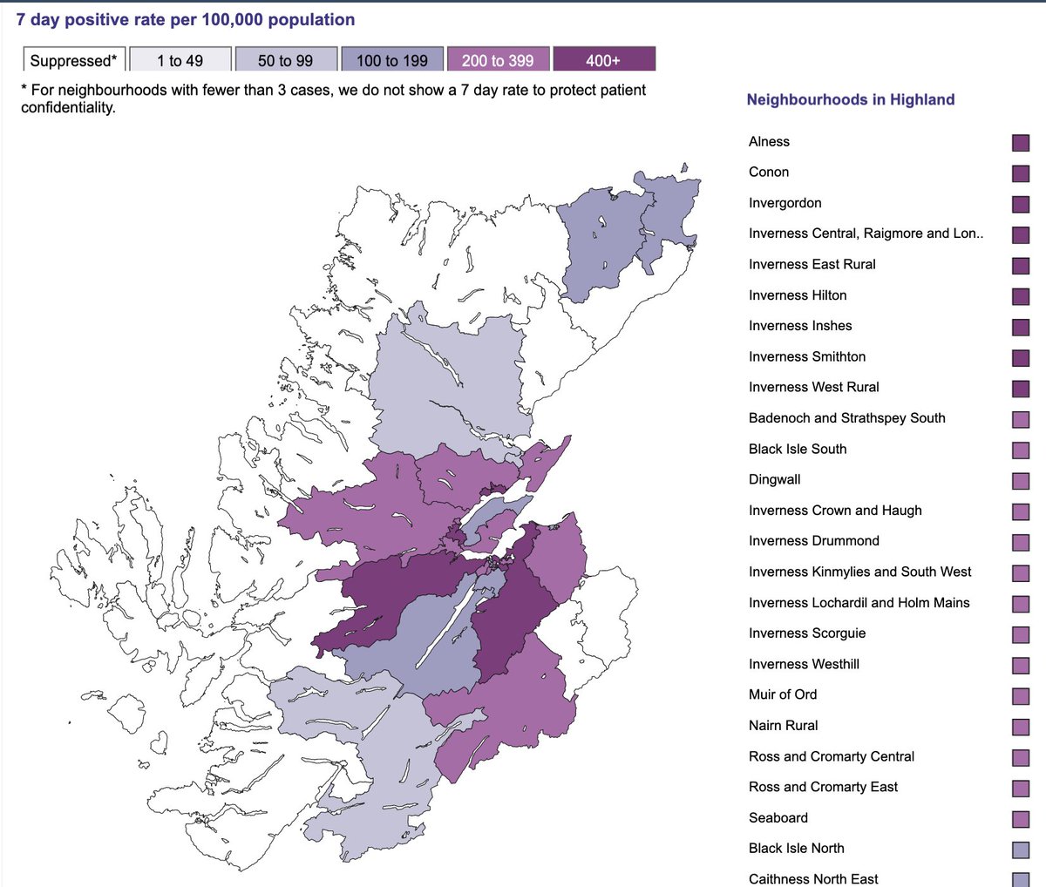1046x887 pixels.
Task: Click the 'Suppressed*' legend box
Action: pyautogui.click(x=74, y=60)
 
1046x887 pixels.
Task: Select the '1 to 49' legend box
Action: pyautogui.click(x=180, y=60)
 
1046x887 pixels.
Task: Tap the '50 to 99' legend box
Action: pyautogui.click(x=285, y=60)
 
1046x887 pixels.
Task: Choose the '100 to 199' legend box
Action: pyautogui.click(x=392, y=60)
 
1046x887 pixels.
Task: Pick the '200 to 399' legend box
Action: pyautogui.click(x=498, y=60)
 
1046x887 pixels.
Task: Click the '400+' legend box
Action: pyautogui.click(x=603, y=60)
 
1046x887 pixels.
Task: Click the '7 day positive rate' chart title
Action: pyautogui.click(x=186, y=19)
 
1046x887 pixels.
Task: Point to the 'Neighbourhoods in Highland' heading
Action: pyautogui.click(x=850, y=99)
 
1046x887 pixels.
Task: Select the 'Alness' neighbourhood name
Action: pyautogui.click(x=769, y=141)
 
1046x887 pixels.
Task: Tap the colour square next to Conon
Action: pyautogui.click(x=1020, y=173)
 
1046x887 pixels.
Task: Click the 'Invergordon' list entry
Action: pyautogui.click(x=784, y=203)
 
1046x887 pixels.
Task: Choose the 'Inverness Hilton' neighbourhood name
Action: pyautogui.click(x=798, y=295)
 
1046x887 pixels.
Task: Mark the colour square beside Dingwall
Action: pyautogui.click(x=1020, y=481)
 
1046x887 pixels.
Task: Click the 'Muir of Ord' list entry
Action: pyautogui.click(x=783, y=694)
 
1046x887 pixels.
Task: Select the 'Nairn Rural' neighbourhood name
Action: pyautogui.click(x=783, y=725)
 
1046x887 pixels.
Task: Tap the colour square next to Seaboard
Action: pyautogui.click(x=1020, y=819)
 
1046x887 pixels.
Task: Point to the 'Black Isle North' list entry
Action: pyautogui.click(x=796, y=848)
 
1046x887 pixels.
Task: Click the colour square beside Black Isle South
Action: pyautogui.click(x=1020, y=450)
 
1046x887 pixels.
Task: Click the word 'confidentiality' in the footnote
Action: pyautogui.click(x=68, y=108)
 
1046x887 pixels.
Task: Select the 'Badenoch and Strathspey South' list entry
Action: pyautogui.click(x=846, y=418)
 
